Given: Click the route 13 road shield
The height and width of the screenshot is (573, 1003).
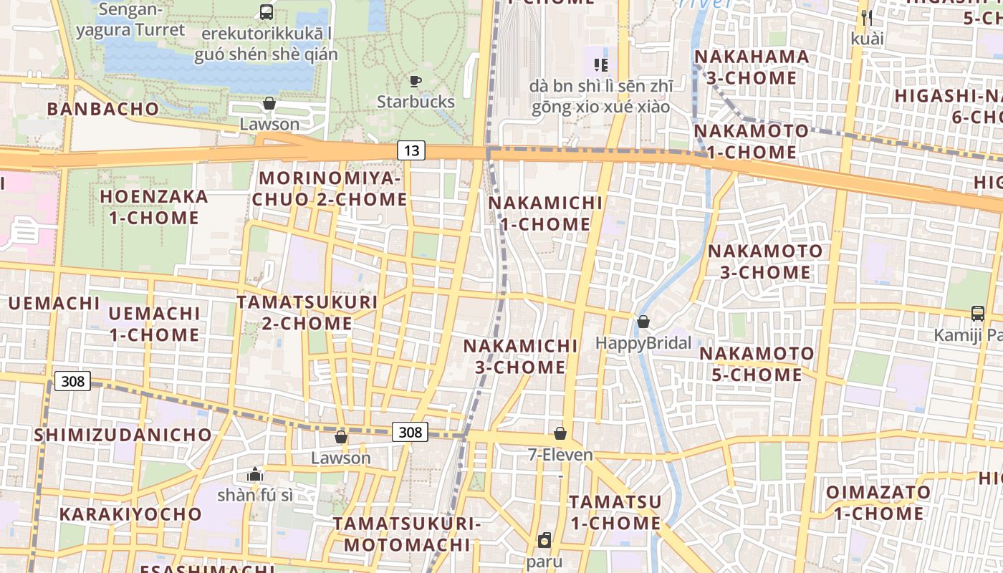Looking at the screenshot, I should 411,150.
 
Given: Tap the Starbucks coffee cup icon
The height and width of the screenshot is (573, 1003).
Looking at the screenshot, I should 416,81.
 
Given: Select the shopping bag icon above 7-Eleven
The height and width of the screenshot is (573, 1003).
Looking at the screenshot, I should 560,433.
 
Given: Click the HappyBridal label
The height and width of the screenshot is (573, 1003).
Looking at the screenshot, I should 643,343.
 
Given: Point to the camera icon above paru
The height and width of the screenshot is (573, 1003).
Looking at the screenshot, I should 544,540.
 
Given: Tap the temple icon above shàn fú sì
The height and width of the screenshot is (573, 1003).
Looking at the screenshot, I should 254,473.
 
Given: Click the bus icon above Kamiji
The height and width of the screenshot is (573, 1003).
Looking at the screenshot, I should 977,313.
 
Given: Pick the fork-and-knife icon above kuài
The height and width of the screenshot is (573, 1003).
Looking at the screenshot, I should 867,17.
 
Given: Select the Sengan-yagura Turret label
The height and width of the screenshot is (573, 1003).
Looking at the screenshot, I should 130,20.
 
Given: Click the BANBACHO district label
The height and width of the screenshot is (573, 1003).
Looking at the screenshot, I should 103,109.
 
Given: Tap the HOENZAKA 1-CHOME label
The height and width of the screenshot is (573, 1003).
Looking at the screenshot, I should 154,207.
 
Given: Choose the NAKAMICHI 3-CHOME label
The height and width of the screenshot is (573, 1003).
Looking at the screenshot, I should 520,357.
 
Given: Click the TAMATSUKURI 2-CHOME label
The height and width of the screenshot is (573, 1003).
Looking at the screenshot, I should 307,313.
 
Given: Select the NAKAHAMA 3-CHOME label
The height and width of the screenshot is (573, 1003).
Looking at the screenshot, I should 752,67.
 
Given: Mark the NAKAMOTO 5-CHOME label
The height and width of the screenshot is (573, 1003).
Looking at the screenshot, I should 757,364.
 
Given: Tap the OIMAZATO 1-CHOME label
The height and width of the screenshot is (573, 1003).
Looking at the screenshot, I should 878,503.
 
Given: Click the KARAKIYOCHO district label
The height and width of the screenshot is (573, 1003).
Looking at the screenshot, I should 130,514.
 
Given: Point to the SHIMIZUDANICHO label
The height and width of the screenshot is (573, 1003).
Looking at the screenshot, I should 123,435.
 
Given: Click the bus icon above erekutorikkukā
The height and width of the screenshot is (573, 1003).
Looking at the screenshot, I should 266,11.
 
